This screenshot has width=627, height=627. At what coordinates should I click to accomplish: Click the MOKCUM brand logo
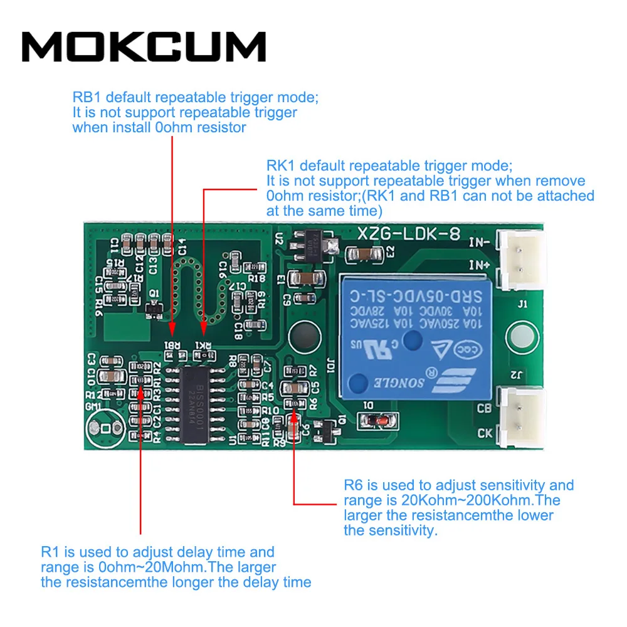coord(144,46)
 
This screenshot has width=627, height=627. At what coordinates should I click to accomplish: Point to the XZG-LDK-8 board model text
coord(409,234)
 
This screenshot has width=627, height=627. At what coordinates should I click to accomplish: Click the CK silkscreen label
coord(485,432)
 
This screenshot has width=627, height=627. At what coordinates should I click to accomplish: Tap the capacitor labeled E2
coord(364,254)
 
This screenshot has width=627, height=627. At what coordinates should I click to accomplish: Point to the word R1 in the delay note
coord(51,552)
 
